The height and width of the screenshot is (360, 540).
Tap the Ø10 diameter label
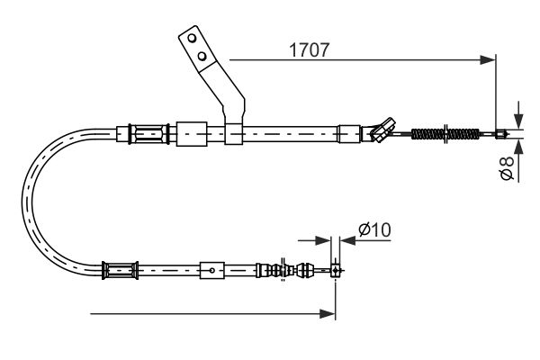373,230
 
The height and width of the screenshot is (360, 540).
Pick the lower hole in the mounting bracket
203,58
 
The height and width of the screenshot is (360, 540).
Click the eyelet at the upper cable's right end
500,136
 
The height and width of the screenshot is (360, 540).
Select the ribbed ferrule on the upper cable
148,135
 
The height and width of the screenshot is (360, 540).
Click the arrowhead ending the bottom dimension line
328,313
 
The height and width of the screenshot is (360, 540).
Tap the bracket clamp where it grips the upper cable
233,133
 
